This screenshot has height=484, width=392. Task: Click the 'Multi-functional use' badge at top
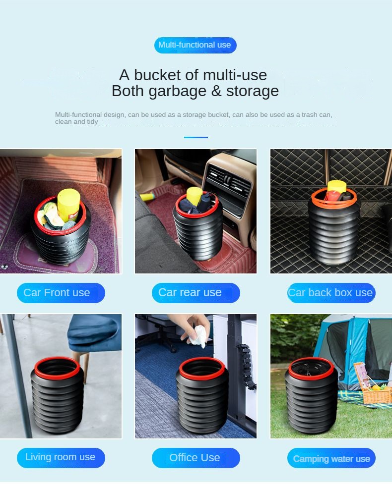[x=195, y=45]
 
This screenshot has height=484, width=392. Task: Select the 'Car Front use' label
[x=61, y=293]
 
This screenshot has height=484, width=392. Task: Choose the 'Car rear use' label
[x=196, y=293]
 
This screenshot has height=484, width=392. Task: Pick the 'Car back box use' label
[x=331, y=293]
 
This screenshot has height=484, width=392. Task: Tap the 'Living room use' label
[x=61, y=457]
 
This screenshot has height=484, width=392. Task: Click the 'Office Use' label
[x=196, y=458]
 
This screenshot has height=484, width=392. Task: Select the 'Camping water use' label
[x=331, y=459]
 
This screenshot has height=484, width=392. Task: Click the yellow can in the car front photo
[x=68, y=204]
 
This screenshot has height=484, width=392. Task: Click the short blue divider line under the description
[x=196, y=137]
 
